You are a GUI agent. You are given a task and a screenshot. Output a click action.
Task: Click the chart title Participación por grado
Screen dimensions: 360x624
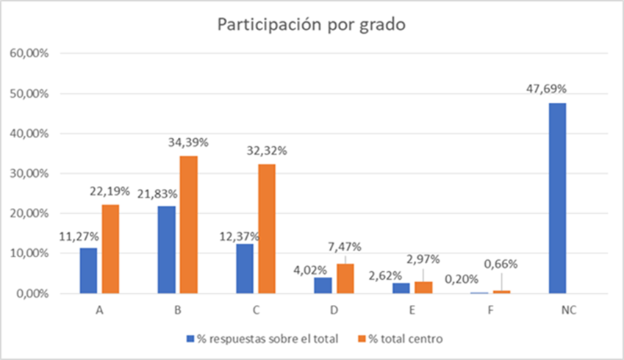coord(311,24)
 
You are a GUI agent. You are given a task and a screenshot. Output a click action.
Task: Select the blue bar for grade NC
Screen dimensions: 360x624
coord(558,198)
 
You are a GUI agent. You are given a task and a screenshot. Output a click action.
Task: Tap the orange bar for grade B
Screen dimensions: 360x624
coord(188,224)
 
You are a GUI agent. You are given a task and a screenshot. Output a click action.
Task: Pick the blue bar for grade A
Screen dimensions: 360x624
coord(88,270)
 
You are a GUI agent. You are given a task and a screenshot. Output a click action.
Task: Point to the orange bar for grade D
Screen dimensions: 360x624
coord(345,278)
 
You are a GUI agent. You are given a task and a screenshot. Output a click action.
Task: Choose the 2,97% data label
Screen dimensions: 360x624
coord(424,260)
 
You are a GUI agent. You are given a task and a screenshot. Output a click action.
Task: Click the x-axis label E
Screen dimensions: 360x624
coord(412,310)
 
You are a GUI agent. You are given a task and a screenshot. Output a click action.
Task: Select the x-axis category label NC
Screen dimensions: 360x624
coord(569,310)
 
